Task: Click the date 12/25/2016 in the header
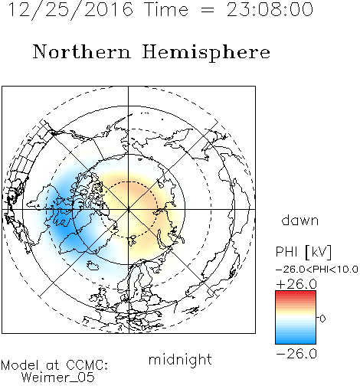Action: [70, 9]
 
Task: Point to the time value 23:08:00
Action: [270, 9]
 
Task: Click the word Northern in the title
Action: [82, 51]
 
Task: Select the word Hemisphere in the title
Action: [206, 52]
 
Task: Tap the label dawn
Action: [300, 221]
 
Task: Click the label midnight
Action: [180, 360]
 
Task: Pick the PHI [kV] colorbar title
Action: [303, 252]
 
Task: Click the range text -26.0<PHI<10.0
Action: [317, 270]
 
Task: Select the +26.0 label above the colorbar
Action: [296, 284]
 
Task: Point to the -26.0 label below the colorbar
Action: [296, 354]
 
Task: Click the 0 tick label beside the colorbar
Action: [322, 319]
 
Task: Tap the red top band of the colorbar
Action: [296, 293]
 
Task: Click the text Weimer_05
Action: [58, 378]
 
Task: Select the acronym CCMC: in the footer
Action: [87, 365]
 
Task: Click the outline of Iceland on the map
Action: [93, 265]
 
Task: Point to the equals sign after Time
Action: [207, 10]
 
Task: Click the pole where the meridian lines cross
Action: [129, 209]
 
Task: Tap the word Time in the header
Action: [166, 9]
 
